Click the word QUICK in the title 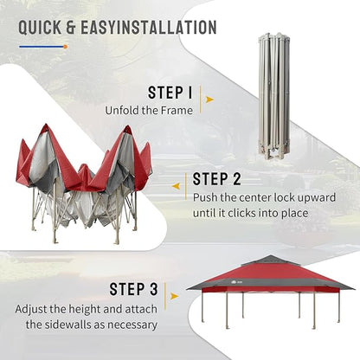click(x=40, y=28)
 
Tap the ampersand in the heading click(x=71, y=28)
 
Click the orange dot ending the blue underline click(x=66, y=47)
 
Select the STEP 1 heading click(x=170, y=93)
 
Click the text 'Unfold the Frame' click(x=149, y=111)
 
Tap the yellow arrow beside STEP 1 click(x=209, y=100)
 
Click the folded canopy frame click(x=273, y=97)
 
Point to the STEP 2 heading click(x=216, y=179)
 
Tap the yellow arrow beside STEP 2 click(x=176, y=186)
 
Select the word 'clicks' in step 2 click(x=241, y=214)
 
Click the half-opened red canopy click(x=84, y=184)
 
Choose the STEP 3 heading click(x=134, y=289)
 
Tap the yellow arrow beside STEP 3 click(x=174, y=296)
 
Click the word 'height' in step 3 click(x=85, y=310)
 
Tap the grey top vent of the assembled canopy click(x=269, y=260)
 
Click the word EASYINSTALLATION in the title click(x=149, y=28)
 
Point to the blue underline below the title click(x=42, y=47)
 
